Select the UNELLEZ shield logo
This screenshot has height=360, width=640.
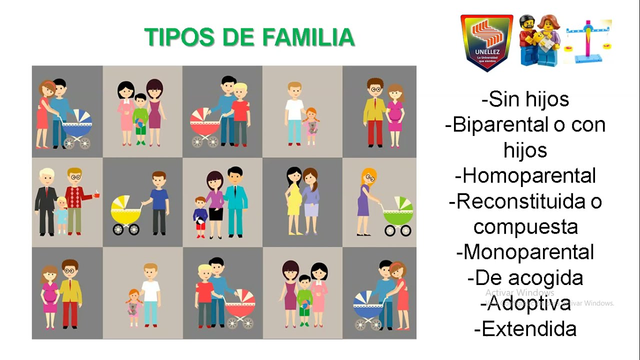pos(486,42)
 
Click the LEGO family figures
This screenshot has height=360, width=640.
pos(539,41)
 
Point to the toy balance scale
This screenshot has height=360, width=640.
pos(588,41)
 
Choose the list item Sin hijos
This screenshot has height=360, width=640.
pos(525,99)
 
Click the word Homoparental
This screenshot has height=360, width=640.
pos(525,176)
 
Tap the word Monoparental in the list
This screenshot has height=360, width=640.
pos(525,252)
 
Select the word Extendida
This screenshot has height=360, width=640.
pos(525,329)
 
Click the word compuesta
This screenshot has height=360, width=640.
pos(525,226)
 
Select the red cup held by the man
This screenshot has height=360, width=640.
pos(97,194)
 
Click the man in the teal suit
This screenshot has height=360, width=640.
pos(235,202)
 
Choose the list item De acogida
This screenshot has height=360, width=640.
pos(525,277)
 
